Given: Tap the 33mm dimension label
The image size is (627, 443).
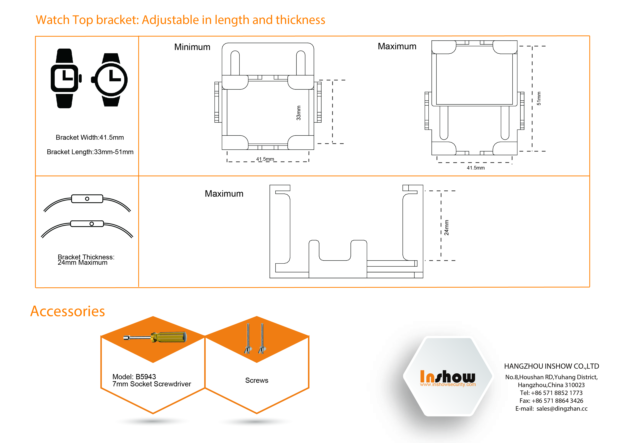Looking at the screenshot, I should (x=298, y=113).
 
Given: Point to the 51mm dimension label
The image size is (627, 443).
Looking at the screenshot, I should (x=539, y=99).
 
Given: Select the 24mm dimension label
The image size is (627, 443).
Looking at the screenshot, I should (x=446, y=228).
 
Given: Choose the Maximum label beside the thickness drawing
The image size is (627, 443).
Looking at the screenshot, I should (x=224, y=193).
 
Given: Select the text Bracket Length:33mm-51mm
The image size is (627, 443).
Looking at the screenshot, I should (x=90, y=152).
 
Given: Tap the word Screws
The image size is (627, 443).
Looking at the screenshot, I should (x=256, y=380).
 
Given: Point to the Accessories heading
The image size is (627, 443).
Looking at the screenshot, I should (x=67, y=311).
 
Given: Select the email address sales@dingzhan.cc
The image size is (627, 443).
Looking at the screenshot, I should (x=562, y=409).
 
